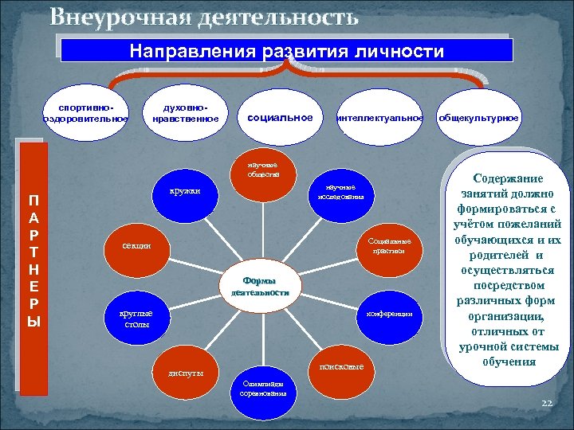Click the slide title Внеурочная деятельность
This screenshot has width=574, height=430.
pyautogui.click(x=204, y=16)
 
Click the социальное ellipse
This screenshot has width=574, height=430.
pyautogui.click(x=280, y=117)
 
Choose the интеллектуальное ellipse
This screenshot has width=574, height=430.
pyautogui.click(x=380, y=118)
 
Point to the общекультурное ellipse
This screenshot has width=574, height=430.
pyautogui.click(x=478, y=118)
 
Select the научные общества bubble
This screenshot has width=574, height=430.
pyautogui.click(x=262, y=170)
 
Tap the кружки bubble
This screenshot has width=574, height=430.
pyautogui.click(x=184, y=191)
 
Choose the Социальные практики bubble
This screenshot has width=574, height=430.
pyautogui.click(x=387, y=245)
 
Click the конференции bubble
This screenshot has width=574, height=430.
pyautogui.click(x=388, y=315)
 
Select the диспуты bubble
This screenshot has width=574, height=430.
pyautogui.click(x=186, y=373)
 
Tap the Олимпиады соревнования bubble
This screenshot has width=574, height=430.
pyautogui.click(x=262, y=388)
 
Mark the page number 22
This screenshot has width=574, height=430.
pyautogui.click(x=546, y=404)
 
